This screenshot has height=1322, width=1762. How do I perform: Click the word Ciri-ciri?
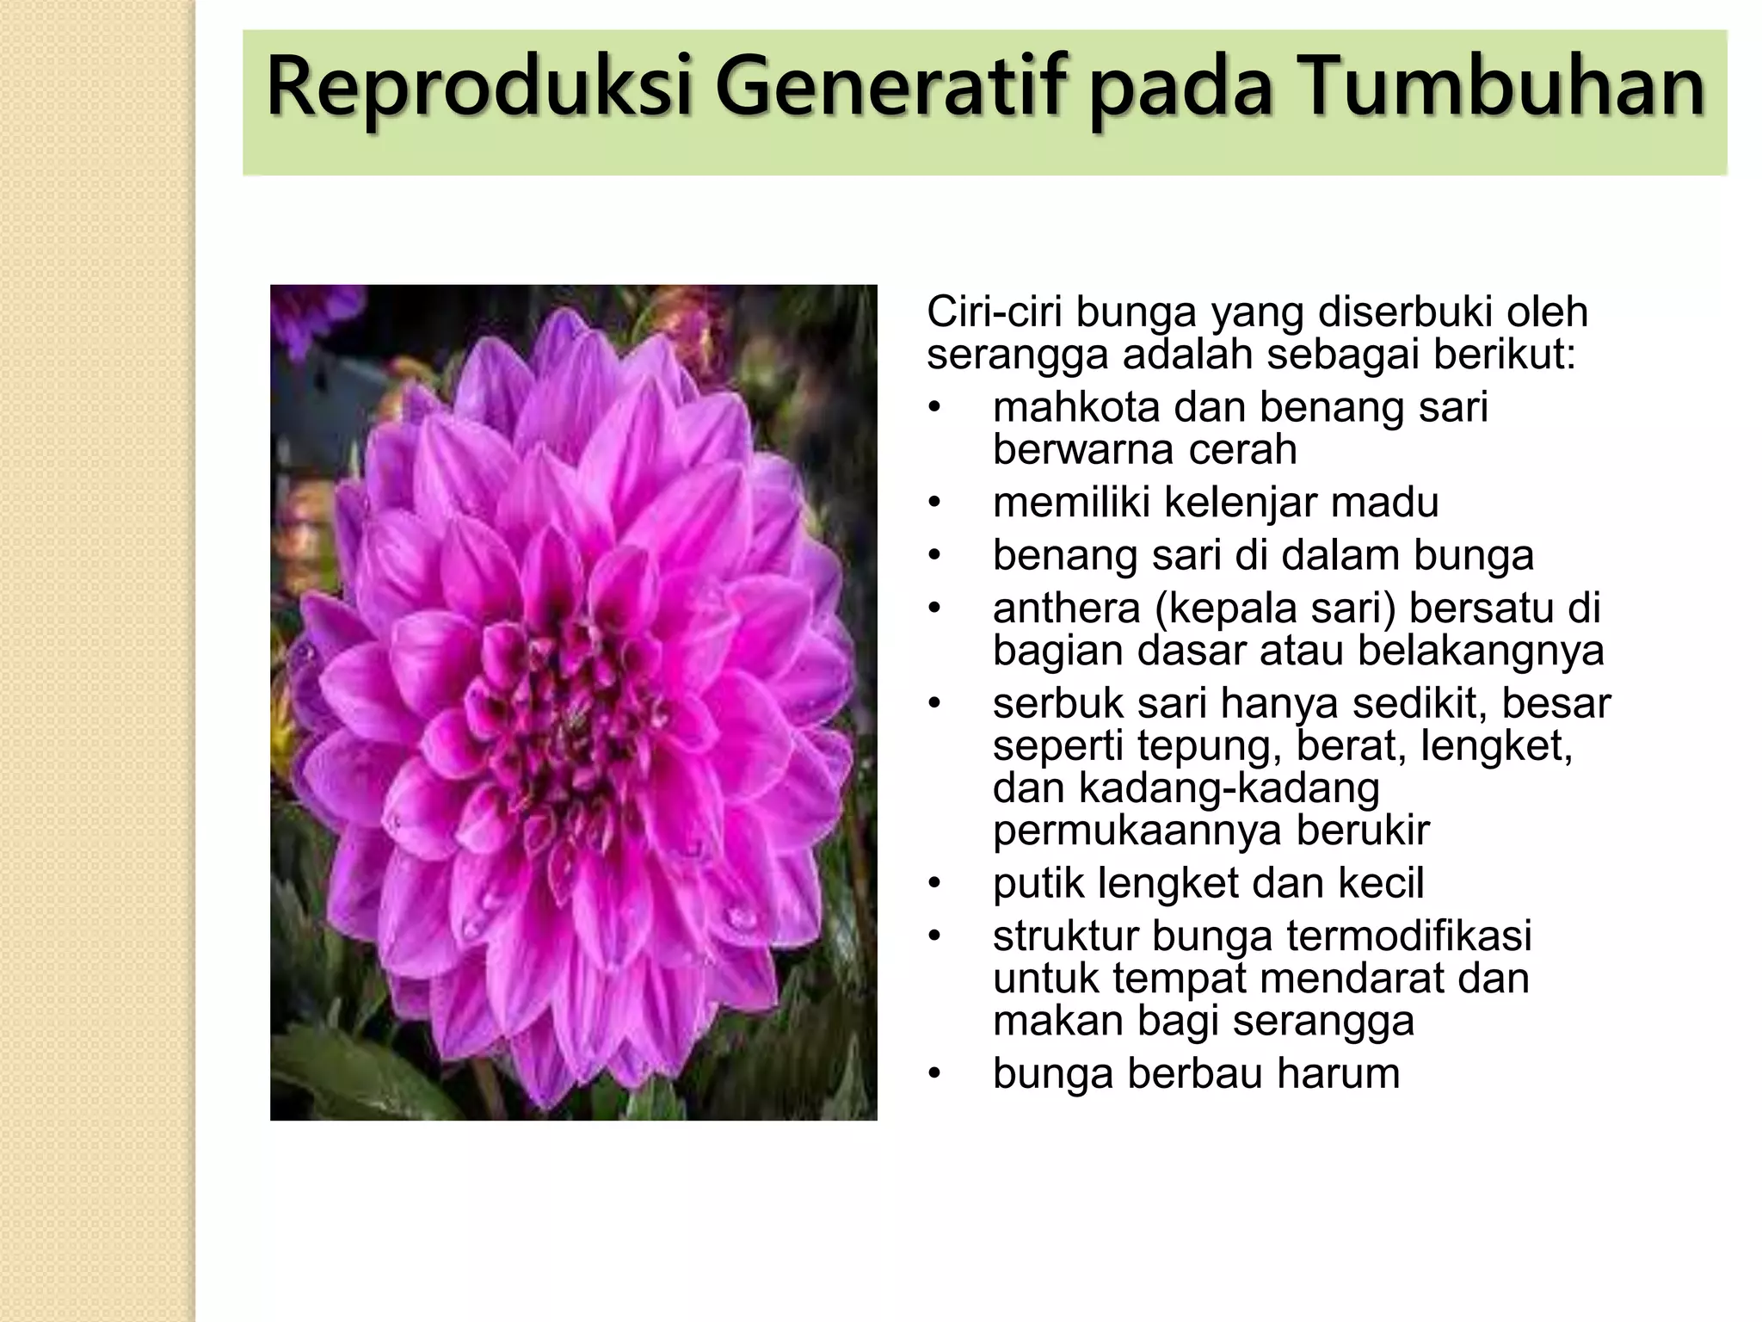[x=994, y=312]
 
